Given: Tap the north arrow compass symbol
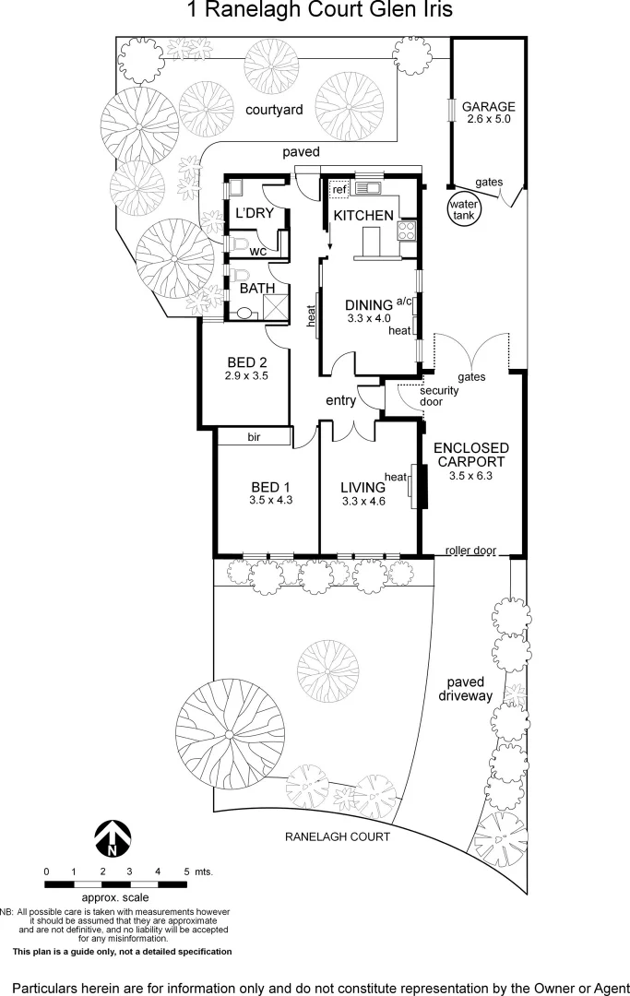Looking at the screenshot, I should pos(112,837).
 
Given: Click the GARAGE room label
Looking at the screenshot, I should pos(488,106).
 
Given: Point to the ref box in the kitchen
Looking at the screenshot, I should pos(339,189).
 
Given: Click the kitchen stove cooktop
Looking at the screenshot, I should pos(407,231).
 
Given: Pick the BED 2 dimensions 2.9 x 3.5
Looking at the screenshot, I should pos(245,375).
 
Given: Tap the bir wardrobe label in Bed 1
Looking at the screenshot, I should pos(253,437).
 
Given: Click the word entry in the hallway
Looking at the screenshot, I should pos(340,400).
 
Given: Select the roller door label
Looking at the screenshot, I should pos(470,551).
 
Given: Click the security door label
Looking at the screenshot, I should pos(439,396).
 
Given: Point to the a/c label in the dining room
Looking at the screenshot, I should pos(403,302).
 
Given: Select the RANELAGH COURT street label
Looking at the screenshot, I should pos(336,836).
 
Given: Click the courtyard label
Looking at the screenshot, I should pos(274,110).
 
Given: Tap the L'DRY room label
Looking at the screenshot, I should pos(254,214).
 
